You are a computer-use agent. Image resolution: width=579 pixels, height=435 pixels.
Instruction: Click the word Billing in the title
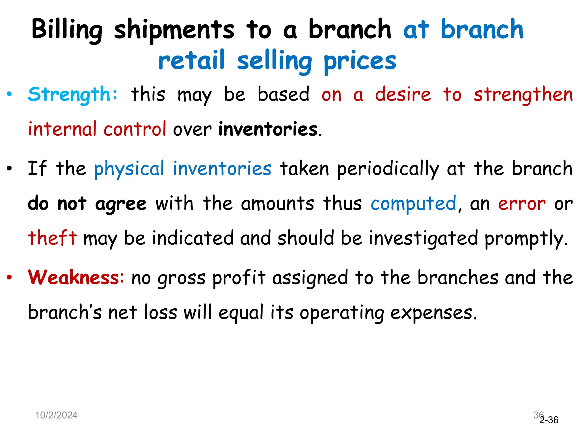pos(67,30)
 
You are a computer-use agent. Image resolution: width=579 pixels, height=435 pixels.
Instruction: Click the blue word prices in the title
pos(360,61)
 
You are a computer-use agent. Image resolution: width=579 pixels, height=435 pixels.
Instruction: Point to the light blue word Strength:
pos(73,94)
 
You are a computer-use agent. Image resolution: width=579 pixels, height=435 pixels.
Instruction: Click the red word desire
pos(403,94)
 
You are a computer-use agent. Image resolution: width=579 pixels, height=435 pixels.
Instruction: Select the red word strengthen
pos(523,95)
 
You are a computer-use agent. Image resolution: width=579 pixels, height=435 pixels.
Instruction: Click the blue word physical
pos(129,169)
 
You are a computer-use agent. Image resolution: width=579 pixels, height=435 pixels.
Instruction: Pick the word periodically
pos(388,169)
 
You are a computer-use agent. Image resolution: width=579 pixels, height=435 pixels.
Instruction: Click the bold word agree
pos(121,204)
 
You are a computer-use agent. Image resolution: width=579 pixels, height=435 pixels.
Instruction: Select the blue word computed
pos(413,204)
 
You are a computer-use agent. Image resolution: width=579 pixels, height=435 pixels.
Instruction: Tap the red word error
pos(522,204)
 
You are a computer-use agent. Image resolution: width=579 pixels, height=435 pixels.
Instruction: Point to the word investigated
pos(423,238)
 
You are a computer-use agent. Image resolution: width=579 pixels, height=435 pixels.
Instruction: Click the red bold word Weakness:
pos(76,277)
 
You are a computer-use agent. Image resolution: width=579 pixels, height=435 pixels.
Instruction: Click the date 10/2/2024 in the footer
pos(56,415)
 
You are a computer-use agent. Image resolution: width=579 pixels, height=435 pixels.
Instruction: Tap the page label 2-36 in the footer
pos(549,420)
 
